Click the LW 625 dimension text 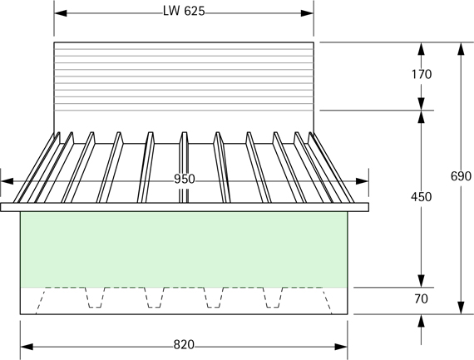(x=185, y=11)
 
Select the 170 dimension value (x=422, y=74)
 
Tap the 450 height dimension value (x=422, y=197)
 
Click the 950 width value (x=185, y=179)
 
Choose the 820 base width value (x=185, y=344)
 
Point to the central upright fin (x=185, y=166)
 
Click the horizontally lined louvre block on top (x=184, y=83)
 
